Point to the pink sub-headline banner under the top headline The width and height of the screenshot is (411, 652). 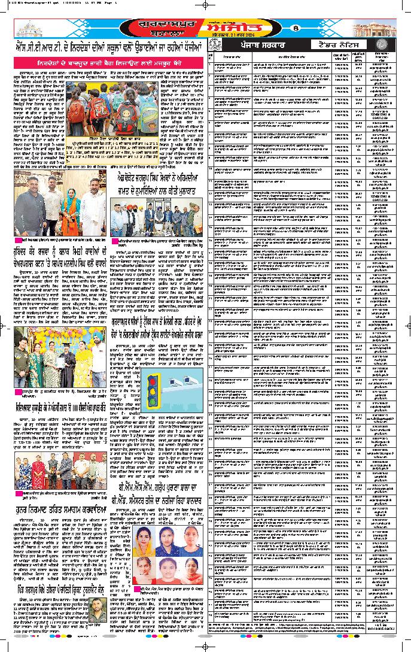102,61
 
